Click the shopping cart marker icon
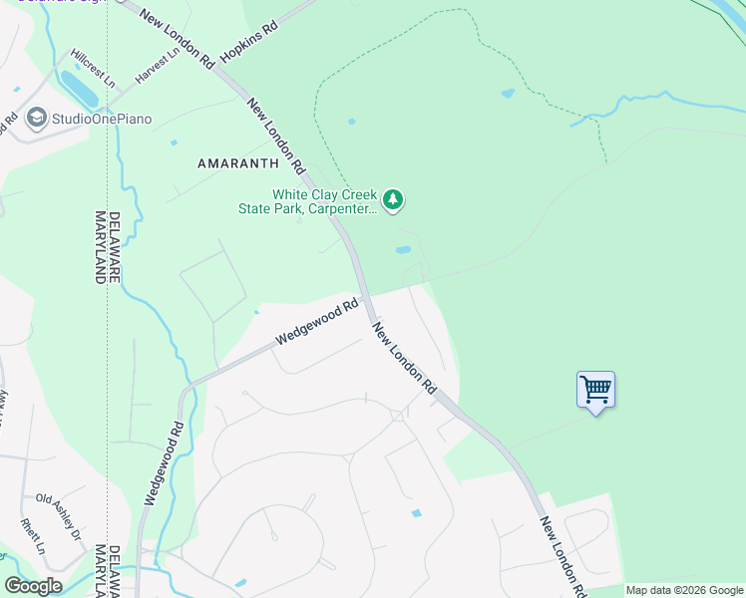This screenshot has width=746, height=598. [x=595, y=389]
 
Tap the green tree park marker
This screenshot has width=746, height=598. [x=394, y=201]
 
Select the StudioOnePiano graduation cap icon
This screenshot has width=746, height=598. [x=38, y=119]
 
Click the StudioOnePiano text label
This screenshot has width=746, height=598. [x=103, y=120]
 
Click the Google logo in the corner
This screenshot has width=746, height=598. [x=33, y=586]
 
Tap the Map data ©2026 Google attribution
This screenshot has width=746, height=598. [x=684, y=590]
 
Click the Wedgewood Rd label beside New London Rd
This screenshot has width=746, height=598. [x=316, y=323]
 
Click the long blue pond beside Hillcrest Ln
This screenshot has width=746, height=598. [x=79, y=89]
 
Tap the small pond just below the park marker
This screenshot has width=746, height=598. [x=403, y=249]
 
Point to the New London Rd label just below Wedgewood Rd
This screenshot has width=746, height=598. [x=406, y=356]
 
